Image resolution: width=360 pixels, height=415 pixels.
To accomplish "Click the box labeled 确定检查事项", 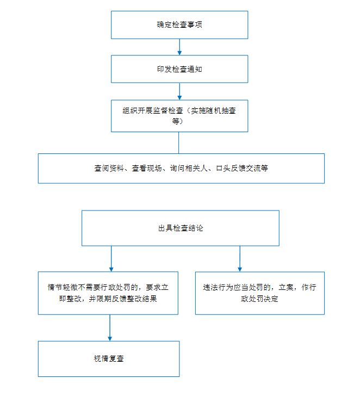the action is (x=179, y=25).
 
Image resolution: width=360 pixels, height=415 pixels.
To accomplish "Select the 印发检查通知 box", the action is (x=179, y=69).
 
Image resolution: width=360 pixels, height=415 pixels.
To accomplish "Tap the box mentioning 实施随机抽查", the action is (x=179, y=116).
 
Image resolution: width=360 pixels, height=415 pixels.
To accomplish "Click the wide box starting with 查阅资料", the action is (x=181, y=168).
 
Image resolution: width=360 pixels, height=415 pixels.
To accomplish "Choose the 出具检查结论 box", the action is (x=181, y=228).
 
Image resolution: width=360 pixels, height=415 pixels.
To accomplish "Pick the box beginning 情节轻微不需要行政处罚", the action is (x=108, y=293).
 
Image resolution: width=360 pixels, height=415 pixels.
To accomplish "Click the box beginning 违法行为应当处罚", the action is (x=260, y=293).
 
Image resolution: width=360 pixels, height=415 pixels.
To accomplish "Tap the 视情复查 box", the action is (x=109, y=358).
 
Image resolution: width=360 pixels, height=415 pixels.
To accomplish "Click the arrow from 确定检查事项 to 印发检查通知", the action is (x=179, y=47).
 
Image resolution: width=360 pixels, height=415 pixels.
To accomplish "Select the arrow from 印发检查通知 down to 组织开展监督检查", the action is (x=179, y=91).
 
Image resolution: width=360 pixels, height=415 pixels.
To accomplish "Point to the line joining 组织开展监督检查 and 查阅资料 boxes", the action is (x=179, y=143).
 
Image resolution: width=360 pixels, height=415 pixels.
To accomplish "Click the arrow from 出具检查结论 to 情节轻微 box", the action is (x=111, y=259).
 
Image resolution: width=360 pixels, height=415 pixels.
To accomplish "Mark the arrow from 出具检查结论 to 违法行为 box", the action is (x=240, y=259).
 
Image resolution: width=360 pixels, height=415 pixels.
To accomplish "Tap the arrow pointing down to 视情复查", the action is (x=110, y=327).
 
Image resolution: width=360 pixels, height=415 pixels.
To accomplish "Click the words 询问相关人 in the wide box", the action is (x=189, y=168).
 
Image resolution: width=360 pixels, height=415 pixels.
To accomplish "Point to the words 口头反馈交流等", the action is (x=242, y=168).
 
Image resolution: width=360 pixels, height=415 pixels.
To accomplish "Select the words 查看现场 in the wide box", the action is (x=147, y=168).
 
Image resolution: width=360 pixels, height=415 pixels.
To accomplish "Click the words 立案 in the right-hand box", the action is (x=286, y=287).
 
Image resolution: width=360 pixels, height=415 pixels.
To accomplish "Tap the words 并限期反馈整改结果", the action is (x=123, y=299).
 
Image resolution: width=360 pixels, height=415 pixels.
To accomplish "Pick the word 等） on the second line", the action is (x=178, y=121).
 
